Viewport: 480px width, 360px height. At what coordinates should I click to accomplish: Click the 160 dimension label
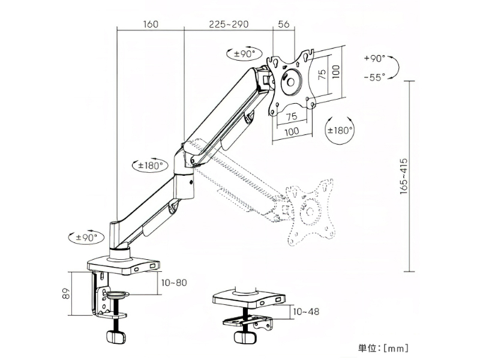click(x=151, y=24)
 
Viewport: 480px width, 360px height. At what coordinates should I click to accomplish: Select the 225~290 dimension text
click(x=229, y=24)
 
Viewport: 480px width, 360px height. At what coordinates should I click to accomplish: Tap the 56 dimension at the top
click(x=284, y=24)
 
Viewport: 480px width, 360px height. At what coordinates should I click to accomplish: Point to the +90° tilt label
click(x=374, y=58)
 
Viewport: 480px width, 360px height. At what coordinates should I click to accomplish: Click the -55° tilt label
click(x=374, y=77)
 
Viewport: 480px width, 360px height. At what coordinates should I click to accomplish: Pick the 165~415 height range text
click(x=404, y=176)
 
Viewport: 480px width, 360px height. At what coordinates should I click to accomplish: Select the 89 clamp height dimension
click(x=67, y=293)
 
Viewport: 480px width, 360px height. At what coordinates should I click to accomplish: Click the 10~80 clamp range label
click(x=174, y=283)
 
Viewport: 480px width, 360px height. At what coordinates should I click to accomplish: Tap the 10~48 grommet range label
click(x=306, y=311)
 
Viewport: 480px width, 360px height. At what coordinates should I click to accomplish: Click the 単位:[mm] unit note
click(x=383, y=348)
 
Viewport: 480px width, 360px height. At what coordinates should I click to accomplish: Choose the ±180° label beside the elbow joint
click(x=150, y=166)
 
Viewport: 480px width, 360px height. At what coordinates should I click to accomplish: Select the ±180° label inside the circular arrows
click(x=340, y=131)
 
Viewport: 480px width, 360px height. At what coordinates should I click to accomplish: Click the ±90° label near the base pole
click(x=86, y=237)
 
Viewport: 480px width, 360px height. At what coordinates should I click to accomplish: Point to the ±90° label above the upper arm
click(x=245, y=54)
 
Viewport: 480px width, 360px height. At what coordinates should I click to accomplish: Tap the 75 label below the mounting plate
click(x=292, y=116)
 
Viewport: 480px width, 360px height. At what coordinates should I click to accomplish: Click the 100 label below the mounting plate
click(x=292, y=131)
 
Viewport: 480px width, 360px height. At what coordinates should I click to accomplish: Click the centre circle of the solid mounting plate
click(x=290, y=82)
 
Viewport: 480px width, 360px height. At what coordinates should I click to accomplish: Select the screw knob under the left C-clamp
click(x=116, y=337)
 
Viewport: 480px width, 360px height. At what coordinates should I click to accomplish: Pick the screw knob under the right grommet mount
click(x=245, y=338)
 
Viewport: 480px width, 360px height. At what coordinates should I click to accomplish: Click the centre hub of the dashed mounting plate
click(x=310, y=212)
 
